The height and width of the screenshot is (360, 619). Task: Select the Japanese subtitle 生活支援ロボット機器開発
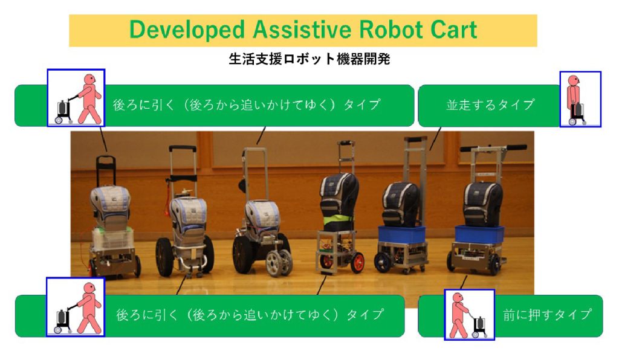309,59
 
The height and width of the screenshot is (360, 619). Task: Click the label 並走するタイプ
490,105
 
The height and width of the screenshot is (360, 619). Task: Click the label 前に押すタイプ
548,315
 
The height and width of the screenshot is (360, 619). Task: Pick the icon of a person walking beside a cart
580,99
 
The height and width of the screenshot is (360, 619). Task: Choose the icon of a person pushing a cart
469,314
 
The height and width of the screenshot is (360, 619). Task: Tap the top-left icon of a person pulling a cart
76,98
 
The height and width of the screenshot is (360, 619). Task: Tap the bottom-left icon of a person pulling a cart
76,307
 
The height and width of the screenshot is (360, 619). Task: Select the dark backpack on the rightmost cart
483,204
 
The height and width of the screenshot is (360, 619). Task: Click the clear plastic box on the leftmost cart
112,239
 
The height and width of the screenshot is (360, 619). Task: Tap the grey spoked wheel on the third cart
279,263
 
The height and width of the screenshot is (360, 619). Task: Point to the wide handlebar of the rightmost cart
493,148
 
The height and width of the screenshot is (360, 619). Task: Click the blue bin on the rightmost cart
479,234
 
